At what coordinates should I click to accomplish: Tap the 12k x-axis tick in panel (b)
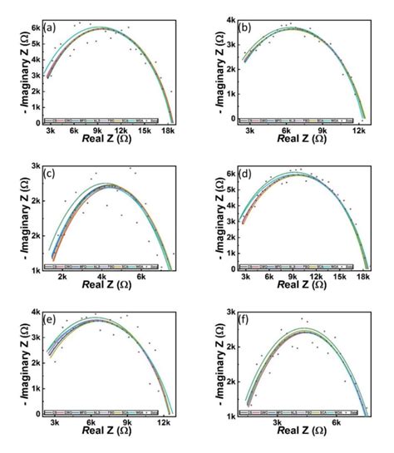(359, 130)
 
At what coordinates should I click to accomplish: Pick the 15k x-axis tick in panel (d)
(341, 277)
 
